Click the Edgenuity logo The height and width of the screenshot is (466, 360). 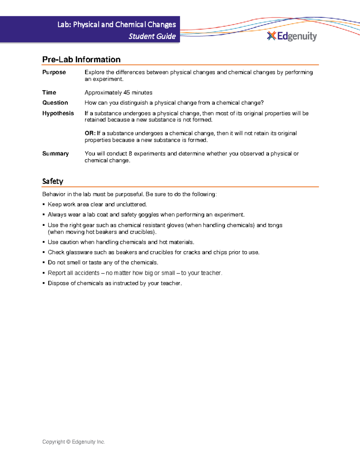(292, 36)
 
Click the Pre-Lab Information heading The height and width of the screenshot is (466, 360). (81, 59)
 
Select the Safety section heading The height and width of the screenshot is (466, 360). (53, 181)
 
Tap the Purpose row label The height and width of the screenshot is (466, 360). (54, 72)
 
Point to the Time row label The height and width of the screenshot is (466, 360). (49, 92)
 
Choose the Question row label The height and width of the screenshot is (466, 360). (55, 103)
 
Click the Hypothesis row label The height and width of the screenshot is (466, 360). (58, 113)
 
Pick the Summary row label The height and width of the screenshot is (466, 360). (55, 154)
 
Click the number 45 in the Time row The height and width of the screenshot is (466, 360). (127, 92)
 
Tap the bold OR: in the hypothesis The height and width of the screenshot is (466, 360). (90, 133)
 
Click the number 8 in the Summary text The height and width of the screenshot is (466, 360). (130, 154)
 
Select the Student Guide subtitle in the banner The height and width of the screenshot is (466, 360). (152, 36)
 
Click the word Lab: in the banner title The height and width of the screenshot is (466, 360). (64, 25)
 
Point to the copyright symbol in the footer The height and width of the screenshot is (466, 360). (68, 442)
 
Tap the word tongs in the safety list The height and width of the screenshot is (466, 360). (275, 225)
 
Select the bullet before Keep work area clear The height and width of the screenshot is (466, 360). (44, 205)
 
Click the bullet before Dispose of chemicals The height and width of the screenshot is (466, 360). (44, 283)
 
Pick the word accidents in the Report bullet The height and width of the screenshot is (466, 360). (87, 273)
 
